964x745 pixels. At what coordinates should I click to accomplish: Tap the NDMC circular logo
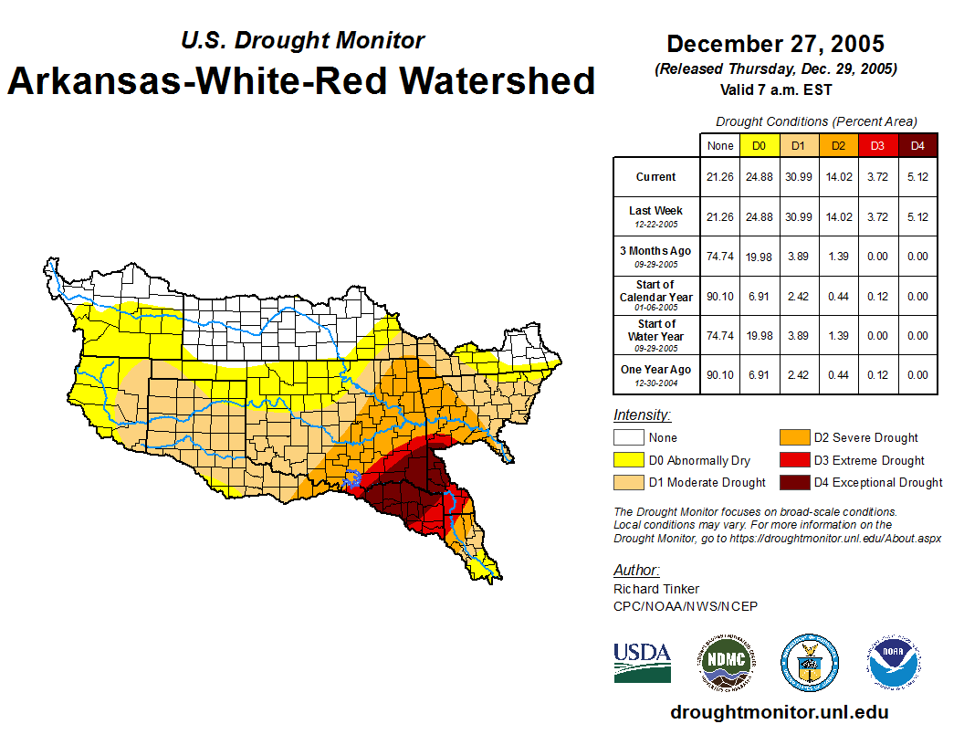pyautogui.click(x=727, y=663)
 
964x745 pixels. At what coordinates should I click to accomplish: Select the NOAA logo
pyautogui.click(x=894, y=663)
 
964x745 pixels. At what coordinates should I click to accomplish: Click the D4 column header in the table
pyautogui.click(x=917, y=146)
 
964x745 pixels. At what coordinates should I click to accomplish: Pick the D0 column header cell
pyautogui.click(x=760, y=146)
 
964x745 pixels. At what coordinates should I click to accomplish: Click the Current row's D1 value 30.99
pyautogui.click(x=799, y=177)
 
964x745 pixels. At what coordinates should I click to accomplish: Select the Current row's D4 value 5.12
pyautogui.click(x=917, y=177)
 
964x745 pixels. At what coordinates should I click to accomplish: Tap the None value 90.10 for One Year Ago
pyautogui.click(x=720, y=374)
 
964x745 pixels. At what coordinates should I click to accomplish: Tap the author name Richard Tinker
pyautogui.click(x=656, y=589)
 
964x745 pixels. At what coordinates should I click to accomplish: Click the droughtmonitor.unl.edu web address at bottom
pyautogui.click(x=779, y=712)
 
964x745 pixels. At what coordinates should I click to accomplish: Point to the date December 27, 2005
pyautogui.click(x=775, y=44)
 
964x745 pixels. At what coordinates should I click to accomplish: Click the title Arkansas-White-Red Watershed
pyautogui.click(x=301, y=80)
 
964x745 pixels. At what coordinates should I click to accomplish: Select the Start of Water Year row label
pyautogui.click(x=655, y=335)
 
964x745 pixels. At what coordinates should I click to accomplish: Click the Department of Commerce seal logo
pyautogui.click(x=809, y=663)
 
